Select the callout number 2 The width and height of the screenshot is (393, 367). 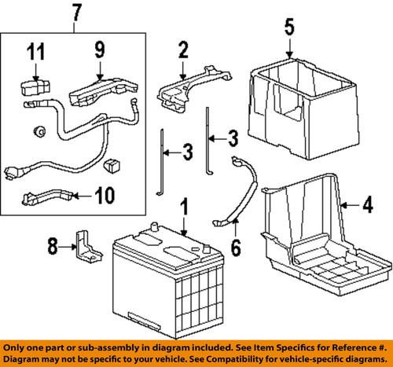[183, 53]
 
